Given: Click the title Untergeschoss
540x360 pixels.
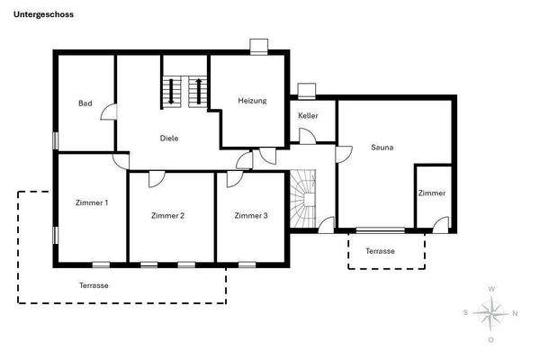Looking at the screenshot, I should coord(44,15).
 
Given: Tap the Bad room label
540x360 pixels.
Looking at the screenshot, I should coord(85,103).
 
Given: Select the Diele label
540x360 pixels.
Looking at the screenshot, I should coord(168,139).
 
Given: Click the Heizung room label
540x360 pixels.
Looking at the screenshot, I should coord(252,101).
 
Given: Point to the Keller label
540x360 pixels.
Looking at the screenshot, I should coord(309,116).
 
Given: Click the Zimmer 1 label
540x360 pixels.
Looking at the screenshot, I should coord(92,202).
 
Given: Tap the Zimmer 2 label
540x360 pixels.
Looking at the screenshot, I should coord(168,216).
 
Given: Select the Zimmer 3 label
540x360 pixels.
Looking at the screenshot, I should coord(251,216).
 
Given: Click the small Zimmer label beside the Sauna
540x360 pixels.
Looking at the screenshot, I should coord(431,193).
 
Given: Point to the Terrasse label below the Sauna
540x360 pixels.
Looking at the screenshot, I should coord(380,251).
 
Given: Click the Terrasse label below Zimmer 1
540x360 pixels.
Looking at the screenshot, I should coord(94,284).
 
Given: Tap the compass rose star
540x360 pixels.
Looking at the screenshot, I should coord(490,313).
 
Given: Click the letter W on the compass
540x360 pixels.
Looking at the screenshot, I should coord(490,288).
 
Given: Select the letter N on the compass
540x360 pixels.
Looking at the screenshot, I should coord(515,314).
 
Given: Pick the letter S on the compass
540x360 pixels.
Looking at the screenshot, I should coord(465,313).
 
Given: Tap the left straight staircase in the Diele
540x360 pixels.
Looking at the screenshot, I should coord(171,91).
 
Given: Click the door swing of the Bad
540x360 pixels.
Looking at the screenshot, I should coord(108,113).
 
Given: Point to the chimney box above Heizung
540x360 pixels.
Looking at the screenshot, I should coord(259,45).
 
